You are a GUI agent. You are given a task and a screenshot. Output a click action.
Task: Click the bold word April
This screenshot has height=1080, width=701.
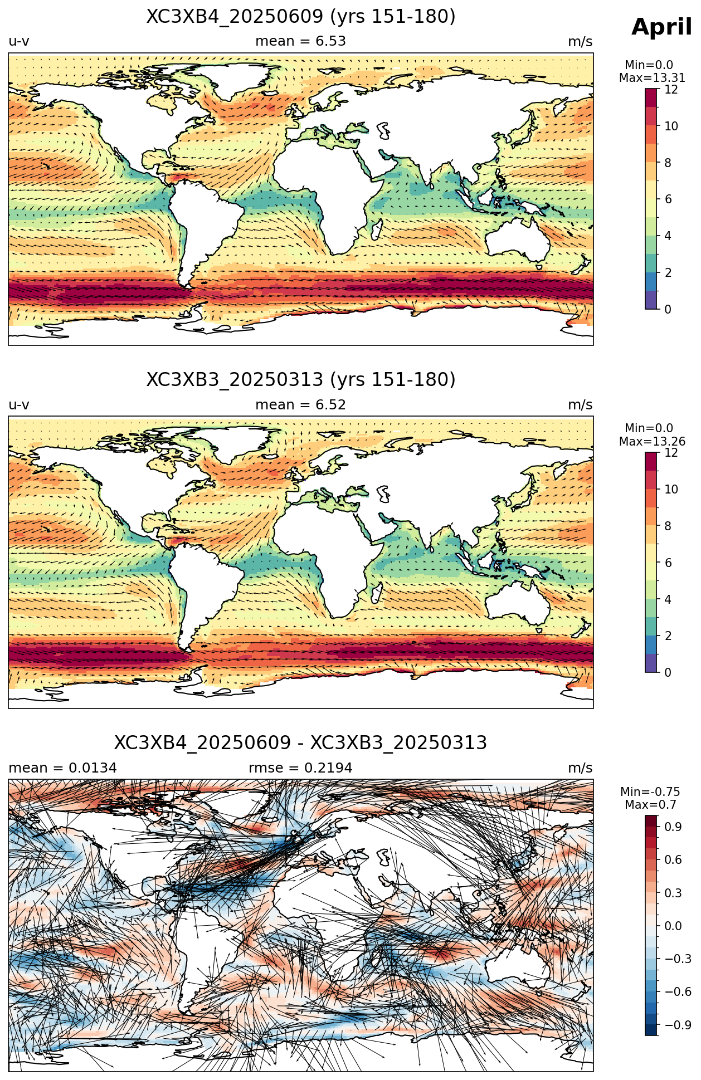coord(661,27)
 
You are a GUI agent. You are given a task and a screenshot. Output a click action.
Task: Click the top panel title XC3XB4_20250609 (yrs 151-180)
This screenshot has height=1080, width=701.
coord(301,17)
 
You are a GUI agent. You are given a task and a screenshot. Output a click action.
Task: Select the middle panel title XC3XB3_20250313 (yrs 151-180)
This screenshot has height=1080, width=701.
coord(301,380)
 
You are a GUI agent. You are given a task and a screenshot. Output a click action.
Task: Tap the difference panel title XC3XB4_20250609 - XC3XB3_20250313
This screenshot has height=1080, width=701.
coord(301,743)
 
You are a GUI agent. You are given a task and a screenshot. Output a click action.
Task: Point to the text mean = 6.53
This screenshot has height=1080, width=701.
coord(301,41)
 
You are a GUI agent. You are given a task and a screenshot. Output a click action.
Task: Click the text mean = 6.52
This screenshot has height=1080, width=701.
coord(301,405)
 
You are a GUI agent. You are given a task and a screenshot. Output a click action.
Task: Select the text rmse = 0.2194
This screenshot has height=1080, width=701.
coord(301,768)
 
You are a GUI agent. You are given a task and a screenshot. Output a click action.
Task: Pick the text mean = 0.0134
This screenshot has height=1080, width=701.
coord(62,768)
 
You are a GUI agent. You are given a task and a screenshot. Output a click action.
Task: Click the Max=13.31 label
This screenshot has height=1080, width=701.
coord(652,79)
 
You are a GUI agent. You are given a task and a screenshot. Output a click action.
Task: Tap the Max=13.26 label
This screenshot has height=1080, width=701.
coord(652,442)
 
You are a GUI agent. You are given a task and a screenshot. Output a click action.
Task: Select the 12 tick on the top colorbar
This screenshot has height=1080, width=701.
coord(671,90)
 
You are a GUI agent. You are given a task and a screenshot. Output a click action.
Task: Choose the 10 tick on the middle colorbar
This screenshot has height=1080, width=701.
coord(671,490)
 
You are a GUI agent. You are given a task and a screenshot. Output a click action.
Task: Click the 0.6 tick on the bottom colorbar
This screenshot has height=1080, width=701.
coord(673,859)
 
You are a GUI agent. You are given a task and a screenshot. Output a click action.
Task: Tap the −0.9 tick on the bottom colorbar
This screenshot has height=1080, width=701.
coord(678,1025)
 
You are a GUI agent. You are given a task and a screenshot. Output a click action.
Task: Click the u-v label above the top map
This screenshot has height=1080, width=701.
coord(19,41)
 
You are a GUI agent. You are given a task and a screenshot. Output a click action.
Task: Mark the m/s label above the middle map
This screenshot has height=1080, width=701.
coord(580,405)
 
